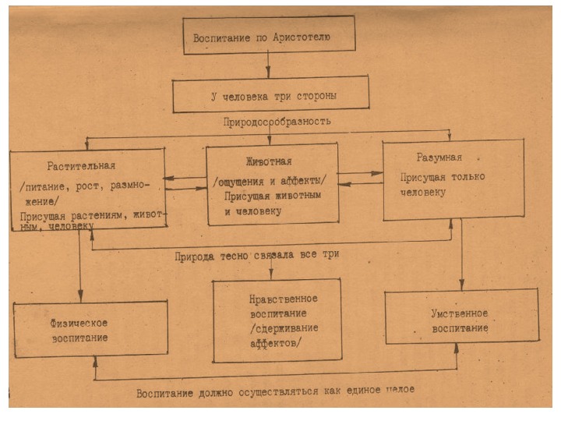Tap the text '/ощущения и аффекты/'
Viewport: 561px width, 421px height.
270,182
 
